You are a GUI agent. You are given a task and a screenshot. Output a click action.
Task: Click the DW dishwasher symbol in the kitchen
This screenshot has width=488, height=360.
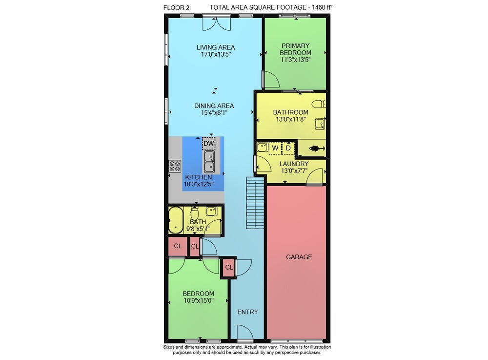pyautogui.click(x=208, y=143)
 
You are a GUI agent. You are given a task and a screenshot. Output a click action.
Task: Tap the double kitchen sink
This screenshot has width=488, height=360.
pyautogui.click(x=209, y=162)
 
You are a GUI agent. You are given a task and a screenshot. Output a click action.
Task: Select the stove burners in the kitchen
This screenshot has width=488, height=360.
pyautogui.click(x=175, y=166)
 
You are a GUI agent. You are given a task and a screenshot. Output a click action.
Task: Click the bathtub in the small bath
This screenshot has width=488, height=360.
pyautogui.click(x=176, y=220)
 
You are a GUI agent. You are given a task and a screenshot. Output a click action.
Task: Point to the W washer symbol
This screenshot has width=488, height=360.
pyautogui.click(x=275, y=148)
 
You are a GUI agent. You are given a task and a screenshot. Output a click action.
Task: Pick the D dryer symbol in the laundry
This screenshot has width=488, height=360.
pyautogui.click(x=288, y=148)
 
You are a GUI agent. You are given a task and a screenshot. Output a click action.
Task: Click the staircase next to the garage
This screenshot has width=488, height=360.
pyautogui.click(x=255, y=203)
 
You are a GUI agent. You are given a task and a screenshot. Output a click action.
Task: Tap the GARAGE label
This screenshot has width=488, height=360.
pyautogui.click(x=299, y=257)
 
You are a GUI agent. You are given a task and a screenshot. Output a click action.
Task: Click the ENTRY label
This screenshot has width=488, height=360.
pyautogui.click(x=247, y=312)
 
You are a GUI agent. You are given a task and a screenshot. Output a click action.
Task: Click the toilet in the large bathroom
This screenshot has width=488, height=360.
pyautogui.click(x=319, y=104)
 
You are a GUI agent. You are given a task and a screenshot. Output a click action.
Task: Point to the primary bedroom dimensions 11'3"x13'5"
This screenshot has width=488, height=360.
pyautogui.click(x=296, y=60)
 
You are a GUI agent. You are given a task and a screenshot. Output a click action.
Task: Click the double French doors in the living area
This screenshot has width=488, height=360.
pyautogui.click(x=216, y=23)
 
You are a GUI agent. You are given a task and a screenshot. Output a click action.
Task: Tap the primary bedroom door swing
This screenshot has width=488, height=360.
pyautogui.click(x=271, y=79)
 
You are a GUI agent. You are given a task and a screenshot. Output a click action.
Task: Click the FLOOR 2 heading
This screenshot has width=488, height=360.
pyautogui.click(x=176, y=8)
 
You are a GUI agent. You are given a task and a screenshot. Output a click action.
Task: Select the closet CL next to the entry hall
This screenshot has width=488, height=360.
pyautogui.click(x=229, y=267)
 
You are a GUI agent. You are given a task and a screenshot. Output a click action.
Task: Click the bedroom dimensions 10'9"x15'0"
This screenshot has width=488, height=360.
pyautogui.click(x=199, y=300)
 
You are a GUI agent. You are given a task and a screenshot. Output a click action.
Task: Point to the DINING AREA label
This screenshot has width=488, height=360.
pyautogui.click(x=214, y=106)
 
